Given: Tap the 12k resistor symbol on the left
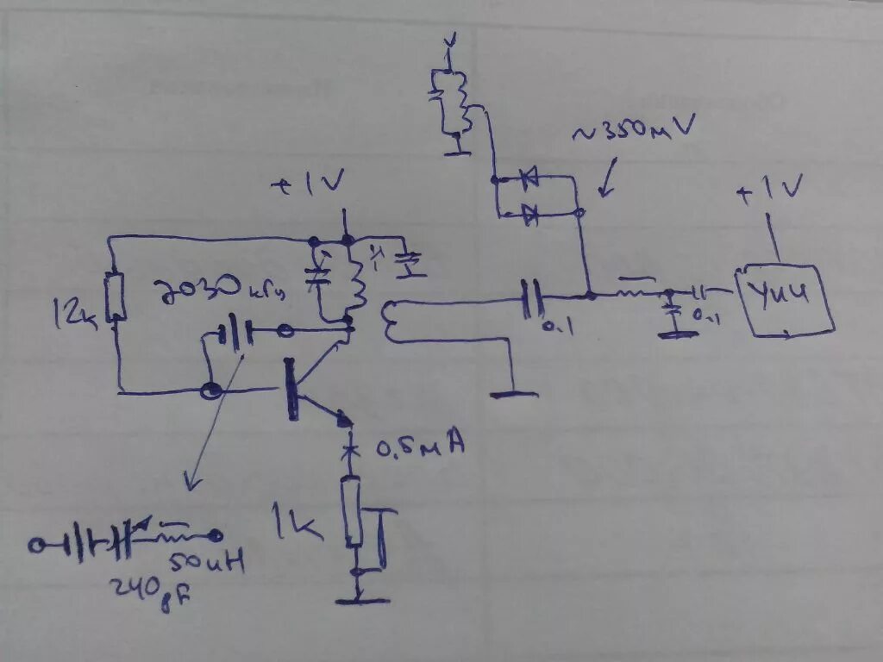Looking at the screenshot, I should (x=115, y=297).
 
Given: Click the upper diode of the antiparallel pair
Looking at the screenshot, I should (x=529, y=178).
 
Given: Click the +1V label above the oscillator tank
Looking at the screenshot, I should (x=310, y=183).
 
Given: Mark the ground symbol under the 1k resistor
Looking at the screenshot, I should (x=360, y=598).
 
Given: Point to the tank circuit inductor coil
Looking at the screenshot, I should (x=356, y=280).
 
